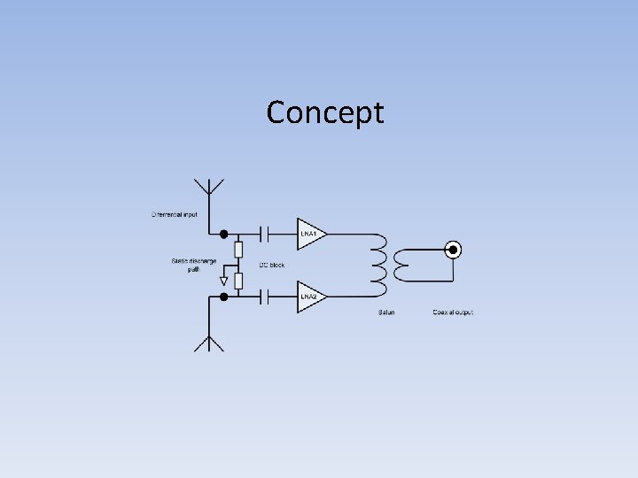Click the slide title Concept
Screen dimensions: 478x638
tap(325, 112)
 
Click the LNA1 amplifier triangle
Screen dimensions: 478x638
tap(309, 235)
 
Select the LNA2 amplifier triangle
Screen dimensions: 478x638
tap(309, 297)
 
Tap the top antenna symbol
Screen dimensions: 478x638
tap(210, 187)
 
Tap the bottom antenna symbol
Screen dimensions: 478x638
tap(210, 343)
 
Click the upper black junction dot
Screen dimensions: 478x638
tap(224, 235)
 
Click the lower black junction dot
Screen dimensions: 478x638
tap(224, 297)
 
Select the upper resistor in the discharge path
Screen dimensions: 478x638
tap(238, 250)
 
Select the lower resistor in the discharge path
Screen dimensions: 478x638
tap(238, 281)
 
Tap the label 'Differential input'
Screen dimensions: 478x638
tap(176, 214)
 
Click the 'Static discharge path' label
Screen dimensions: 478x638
tap(193, 265)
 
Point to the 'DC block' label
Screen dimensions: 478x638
tap(272, 266)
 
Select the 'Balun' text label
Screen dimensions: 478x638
tap(386, 312)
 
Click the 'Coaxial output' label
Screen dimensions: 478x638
tap(453, 312)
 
